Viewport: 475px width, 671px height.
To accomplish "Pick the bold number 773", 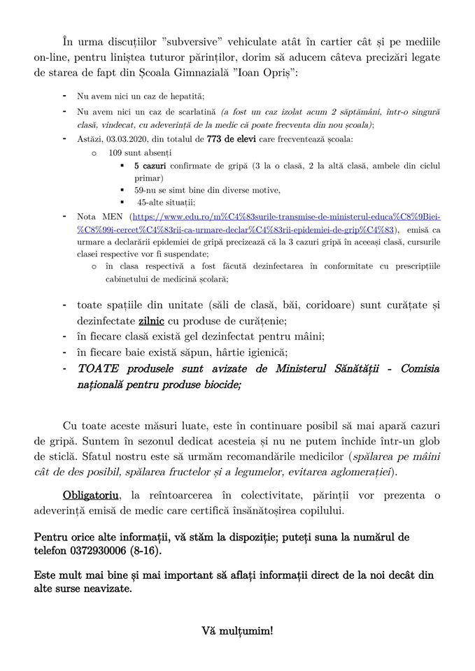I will tap(215, 138).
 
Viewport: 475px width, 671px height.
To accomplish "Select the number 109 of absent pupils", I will tap(115, 152).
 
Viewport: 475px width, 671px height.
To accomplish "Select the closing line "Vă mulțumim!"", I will tap(237, 631).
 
